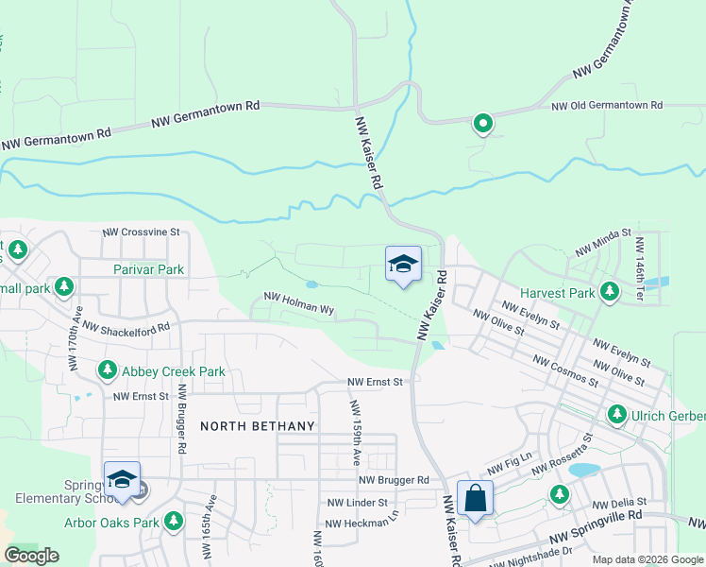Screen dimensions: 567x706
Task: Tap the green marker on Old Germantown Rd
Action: (x=482, y=123)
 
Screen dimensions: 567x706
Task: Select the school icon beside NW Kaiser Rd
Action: (x=403, y=265)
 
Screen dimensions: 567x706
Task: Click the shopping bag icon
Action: (x=475, y=497)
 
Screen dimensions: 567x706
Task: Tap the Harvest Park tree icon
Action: (x=610, y=293)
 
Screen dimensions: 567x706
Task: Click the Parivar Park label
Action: (x=148, y=269)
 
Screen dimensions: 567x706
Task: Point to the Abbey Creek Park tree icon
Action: (x=108, y=371)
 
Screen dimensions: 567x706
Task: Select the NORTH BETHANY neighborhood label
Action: (x=257, y=426)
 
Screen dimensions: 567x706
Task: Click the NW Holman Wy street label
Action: (x=299, y=302)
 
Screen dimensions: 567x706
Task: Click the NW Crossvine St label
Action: (x=141, y=232)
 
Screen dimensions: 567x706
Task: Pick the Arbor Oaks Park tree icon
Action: (x=173, y=522)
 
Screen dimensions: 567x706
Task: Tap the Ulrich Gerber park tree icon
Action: (x=616, y=414)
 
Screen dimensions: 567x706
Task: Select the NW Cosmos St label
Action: (x=565, y=371)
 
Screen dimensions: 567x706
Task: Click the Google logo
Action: (x=31, y=555)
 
